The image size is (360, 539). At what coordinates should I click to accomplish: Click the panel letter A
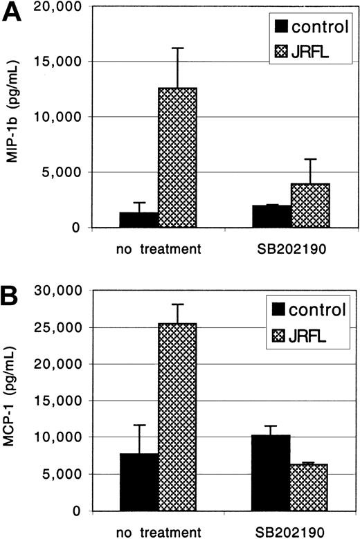(x=12, y=13)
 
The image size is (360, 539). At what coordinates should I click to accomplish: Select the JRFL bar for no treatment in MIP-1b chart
(x=177, y=158)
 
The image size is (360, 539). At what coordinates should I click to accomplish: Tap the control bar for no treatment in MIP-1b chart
(x=138, y=220)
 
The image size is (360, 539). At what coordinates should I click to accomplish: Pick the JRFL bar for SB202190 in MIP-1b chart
(x=310, y=205)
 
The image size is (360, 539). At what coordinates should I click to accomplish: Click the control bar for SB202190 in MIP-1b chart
(x=271, y=217)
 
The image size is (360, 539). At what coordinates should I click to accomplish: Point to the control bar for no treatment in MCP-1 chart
(x=138, y=482)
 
